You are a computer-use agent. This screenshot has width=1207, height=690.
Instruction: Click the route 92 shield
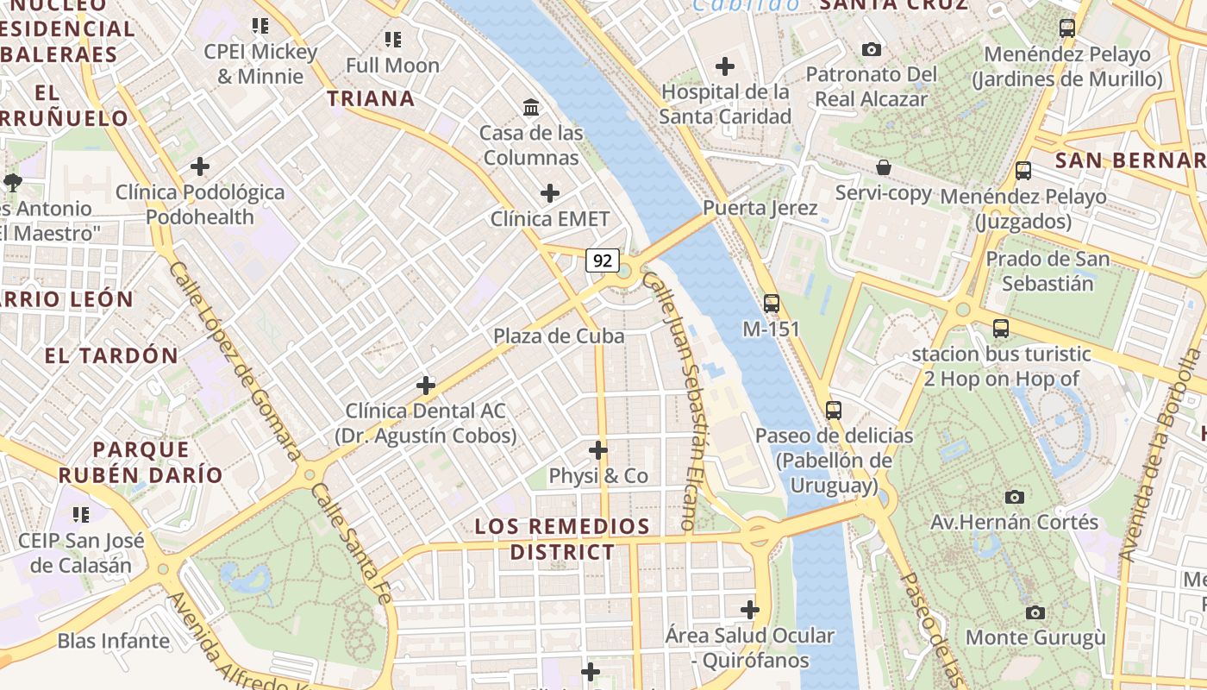point(603,260)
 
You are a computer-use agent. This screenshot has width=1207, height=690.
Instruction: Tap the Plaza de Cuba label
point(559,336)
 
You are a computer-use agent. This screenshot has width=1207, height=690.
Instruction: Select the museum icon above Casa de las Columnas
point(532,108)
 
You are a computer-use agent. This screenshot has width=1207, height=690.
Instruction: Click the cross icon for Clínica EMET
point(549,193)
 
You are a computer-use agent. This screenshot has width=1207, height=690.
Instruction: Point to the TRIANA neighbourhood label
point(371,98)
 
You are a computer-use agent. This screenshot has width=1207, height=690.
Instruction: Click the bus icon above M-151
point(771,304)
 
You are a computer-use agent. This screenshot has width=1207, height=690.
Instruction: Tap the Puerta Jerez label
point(760,208)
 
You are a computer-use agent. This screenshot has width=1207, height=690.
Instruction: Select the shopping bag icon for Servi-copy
point(883,167)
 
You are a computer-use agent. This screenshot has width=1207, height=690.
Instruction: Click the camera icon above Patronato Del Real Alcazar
point(871,49)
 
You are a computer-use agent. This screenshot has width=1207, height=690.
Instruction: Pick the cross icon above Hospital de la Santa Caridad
point(725,66)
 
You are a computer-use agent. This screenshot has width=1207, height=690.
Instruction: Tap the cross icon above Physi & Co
point(597,450)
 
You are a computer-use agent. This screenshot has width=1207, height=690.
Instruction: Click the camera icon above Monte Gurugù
point(1035,612)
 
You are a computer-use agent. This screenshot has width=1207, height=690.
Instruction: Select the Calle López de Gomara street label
point(235,362)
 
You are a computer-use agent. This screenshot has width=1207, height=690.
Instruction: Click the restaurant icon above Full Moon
point(393,40)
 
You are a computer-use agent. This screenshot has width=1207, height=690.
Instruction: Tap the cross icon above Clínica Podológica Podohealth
point(200,166)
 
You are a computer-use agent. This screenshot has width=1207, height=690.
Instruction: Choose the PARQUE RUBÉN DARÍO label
point(141,462)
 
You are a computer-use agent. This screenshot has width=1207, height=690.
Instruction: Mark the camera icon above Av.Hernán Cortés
point(1015,497)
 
